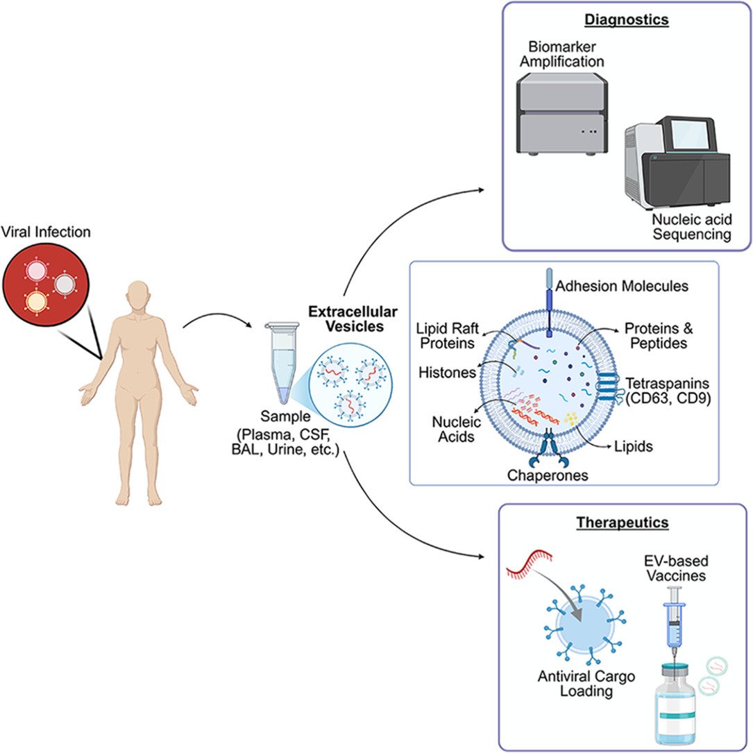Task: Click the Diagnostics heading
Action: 626,19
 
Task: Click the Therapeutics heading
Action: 626,522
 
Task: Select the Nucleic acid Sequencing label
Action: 692,227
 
